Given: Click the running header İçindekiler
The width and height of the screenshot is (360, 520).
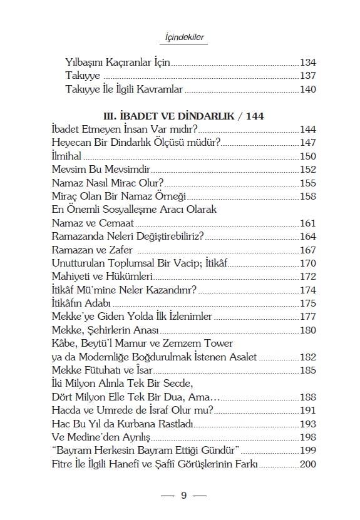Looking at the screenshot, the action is pyautogui.click(x=180, y=38).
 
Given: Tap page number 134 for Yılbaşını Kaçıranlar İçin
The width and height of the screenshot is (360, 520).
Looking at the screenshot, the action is pyautogui.click(x=307, y=63).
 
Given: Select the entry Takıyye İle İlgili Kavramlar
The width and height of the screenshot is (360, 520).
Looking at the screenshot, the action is pyautogui.click(x=124, y=89).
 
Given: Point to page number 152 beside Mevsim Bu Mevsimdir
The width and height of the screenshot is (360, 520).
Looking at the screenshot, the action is pyautogui.click(x=307, y=170).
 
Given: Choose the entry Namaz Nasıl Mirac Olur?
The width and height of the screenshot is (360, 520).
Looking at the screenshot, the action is pyautogui.click(x=107, y=183).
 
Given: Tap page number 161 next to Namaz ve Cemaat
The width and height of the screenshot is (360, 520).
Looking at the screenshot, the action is pyautogui.click(x=307, y=223).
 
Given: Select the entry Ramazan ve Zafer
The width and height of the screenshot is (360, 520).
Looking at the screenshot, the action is pyautogui.click(x=90, y=250).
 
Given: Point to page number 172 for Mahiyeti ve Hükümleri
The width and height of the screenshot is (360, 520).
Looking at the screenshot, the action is pyautogui.click(x=307, y=276).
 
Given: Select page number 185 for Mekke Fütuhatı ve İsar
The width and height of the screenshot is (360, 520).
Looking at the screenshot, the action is pyautogui.click(x=307, y=370).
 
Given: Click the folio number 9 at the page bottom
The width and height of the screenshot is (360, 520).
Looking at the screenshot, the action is pyautogui.click(x=183, y=496).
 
